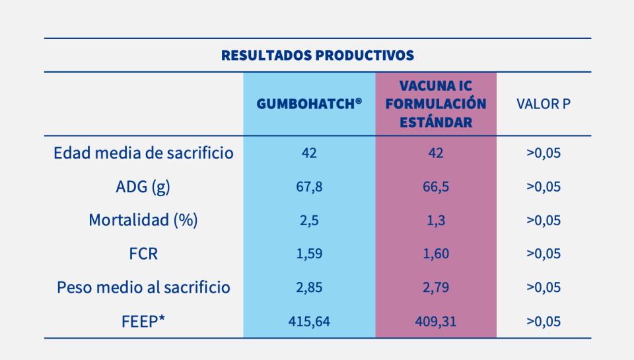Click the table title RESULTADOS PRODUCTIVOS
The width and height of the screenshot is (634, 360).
(318, 55)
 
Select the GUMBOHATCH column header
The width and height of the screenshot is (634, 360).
(309, 104)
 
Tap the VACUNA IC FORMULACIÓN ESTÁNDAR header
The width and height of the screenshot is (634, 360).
(436, 104)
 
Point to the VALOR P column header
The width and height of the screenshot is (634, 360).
(543, 104)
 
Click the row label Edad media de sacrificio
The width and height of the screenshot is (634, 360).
(143, 153)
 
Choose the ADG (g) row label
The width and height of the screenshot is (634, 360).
(143, 187)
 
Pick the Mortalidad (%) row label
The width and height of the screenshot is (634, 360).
(143, 221)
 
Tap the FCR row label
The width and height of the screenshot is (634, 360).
(143, 254)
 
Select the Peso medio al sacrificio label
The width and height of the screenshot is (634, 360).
(143, 288)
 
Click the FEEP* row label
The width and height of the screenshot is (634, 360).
(143, 322)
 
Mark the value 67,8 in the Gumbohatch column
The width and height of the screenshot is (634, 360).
(309, 187)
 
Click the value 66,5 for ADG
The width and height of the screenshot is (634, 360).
(436, 187)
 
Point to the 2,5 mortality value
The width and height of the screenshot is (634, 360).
(309, 221)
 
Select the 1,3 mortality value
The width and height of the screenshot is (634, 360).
(436, 221)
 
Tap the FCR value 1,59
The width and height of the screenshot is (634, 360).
(309, 254)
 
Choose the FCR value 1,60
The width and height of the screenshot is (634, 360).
(436, 254)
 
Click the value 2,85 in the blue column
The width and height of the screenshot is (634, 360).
(309, 288)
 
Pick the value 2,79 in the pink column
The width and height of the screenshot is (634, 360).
(436, 288)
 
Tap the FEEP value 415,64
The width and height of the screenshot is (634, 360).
(309, 322)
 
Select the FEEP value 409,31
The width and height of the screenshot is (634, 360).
(436, 322)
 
